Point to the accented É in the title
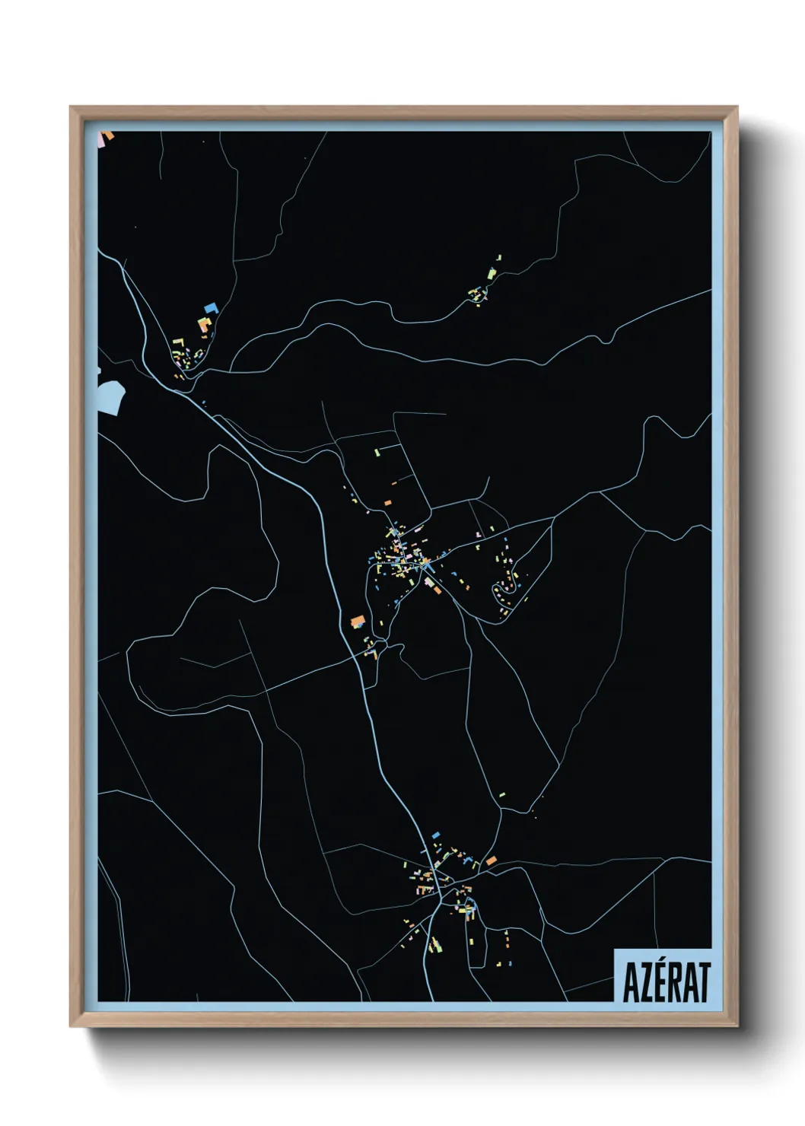[658, 981]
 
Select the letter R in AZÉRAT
[673, 983]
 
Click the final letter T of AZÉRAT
[704, 983]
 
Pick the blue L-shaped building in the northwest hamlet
[211, 308]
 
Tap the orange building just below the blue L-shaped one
[204, 325]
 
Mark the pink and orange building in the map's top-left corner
[107, 137]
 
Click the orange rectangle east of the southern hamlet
[492, 860]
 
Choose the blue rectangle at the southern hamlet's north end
[436, 835]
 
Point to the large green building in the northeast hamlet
[492, 273]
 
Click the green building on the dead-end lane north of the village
[376, 453]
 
